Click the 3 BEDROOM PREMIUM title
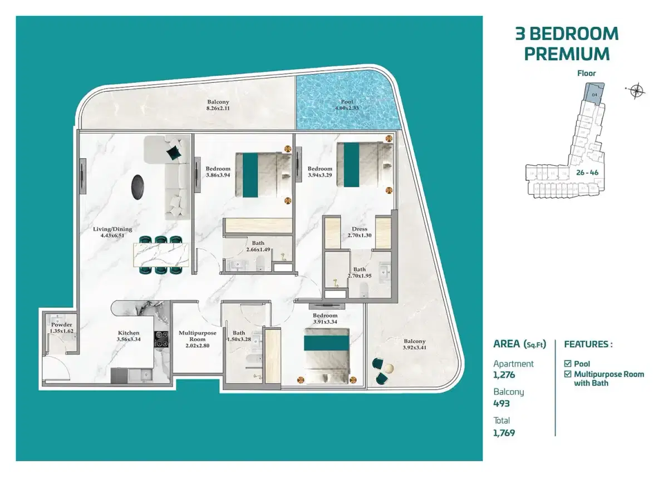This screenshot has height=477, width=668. point(567,43)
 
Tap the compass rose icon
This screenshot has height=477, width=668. point(635,90)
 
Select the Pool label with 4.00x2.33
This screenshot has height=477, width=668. point(347,105)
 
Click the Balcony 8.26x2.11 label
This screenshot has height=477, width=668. point(218,105)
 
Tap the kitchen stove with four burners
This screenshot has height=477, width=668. point(161,340)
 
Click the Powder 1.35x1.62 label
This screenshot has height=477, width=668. point(61,328)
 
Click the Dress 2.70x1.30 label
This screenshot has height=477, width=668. point(359,232)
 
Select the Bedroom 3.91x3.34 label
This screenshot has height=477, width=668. point(325,318)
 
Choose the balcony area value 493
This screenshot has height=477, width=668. point(502,404)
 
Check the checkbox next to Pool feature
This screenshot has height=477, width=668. point(568,364)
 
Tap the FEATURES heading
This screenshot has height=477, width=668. point(588,345)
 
